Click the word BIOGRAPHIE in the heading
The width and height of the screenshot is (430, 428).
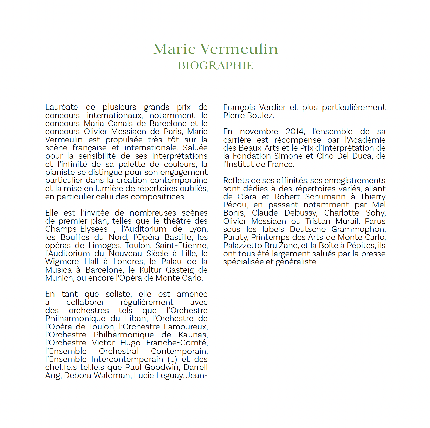(x=215, y=66)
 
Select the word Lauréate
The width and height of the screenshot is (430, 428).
(x=62, y=107)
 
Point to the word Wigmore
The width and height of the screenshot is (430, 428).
(x=62, y=262)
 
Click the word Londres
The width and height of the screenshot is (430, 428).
(x=128, y=262)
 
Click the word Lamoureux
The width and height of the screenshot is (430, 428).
(x=185, y=327)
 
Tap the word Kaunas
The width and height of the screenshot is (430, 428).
(x=193, y=335)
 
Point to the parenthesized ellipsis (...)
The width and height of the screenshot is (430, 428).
(x=172, y=359)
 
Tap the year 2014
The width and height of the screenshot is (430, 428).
(x=295, y=131)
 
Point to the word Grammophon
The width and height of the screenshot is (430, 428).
(x=358, y=229)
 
